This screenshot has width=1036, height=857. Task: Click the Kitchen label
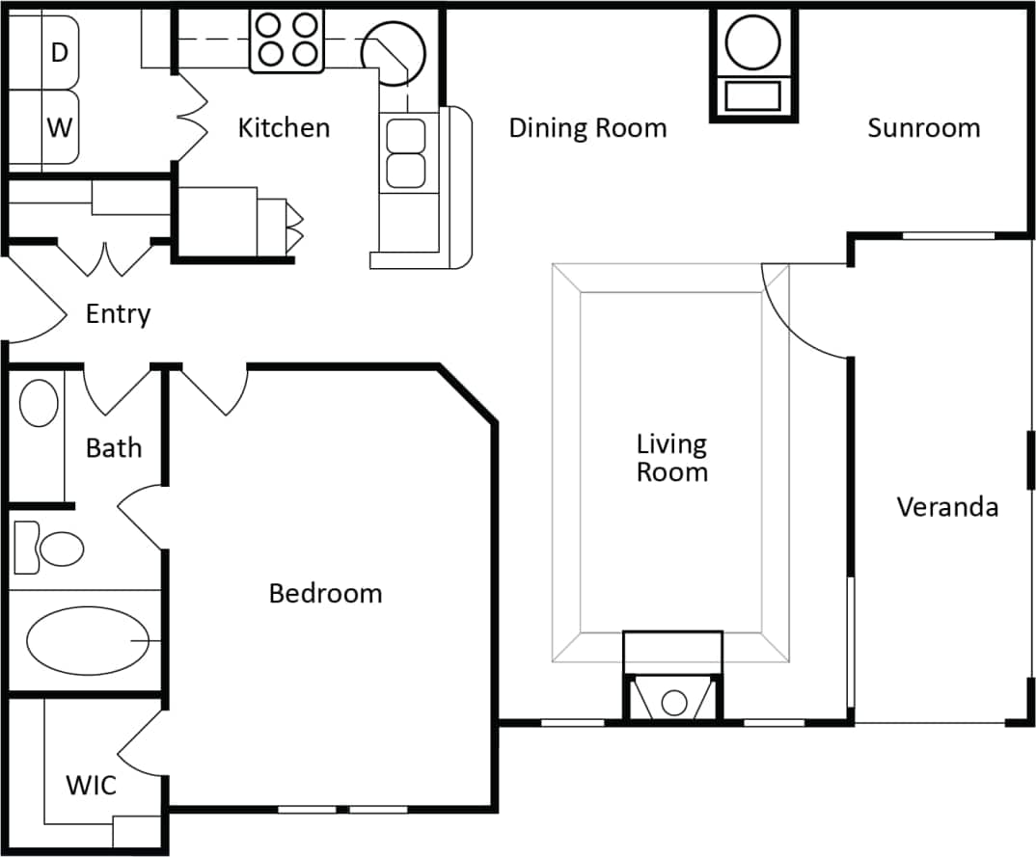coord(284,127)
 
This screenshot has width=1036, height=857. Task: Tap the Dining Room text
coord(587,127)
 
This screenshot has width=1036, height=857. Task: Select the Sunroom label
coord(923,127)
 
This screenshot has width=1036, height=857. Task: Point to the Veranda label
coord(946,506)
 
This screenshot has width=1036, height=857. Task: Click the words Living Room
coord(671,458)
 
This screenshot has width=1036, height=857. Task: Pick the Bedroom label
coord(325,593)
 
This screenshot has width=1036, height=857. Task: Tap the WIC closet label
coord(91,785)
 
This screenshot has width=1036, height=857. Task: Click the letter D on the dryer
coord(59,53)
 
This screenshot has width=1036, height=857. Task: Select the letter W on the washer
coord(59,126)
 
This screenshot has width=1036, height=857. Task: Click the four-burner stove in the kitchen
coord(286,40)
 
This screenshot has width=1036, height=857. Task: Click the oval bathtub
coord(87,641)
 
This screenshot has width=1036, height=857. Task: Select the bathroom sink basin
coord(39,403)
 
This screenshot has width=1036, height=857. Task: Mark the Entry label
coord(118,313)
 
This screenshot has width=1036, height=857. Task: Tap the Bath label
coord(113,447)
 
